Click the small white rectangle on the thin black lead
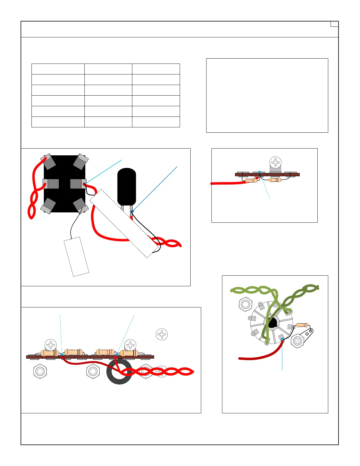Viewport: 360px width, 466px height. coord(76,257)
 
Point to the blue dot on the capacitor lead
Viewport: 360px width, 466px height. coord(133,211)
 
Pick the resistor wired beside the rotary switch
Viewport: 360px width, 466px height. coord(302,325)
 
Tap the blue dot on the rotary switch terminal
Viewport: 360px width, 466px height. coord(282,339)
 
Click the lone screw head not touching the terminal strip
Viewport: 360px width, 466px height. coord(162,334)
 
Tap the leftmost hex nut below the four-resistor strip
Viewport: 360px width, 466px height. coord(40,371)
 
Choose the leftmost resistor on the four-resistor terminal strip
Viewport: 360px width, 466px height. coord(49,353)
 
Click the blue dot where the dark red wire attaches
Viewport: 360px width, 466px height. coord(62,355)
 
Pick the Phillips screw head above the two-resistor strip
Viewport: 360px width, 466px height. coord(276,162)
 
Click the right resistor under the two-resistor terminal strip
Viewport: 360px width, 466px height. coord(275,180)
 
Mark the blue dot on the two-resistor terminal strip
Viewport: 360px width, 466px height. coord(259,172)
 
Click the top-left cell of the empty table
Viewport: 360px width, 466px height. coord(58,69)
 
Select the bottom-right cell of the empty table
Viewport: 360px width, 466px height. coord(156,122)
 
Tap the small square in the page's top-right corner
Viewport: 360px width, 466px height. coord(334,24)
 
